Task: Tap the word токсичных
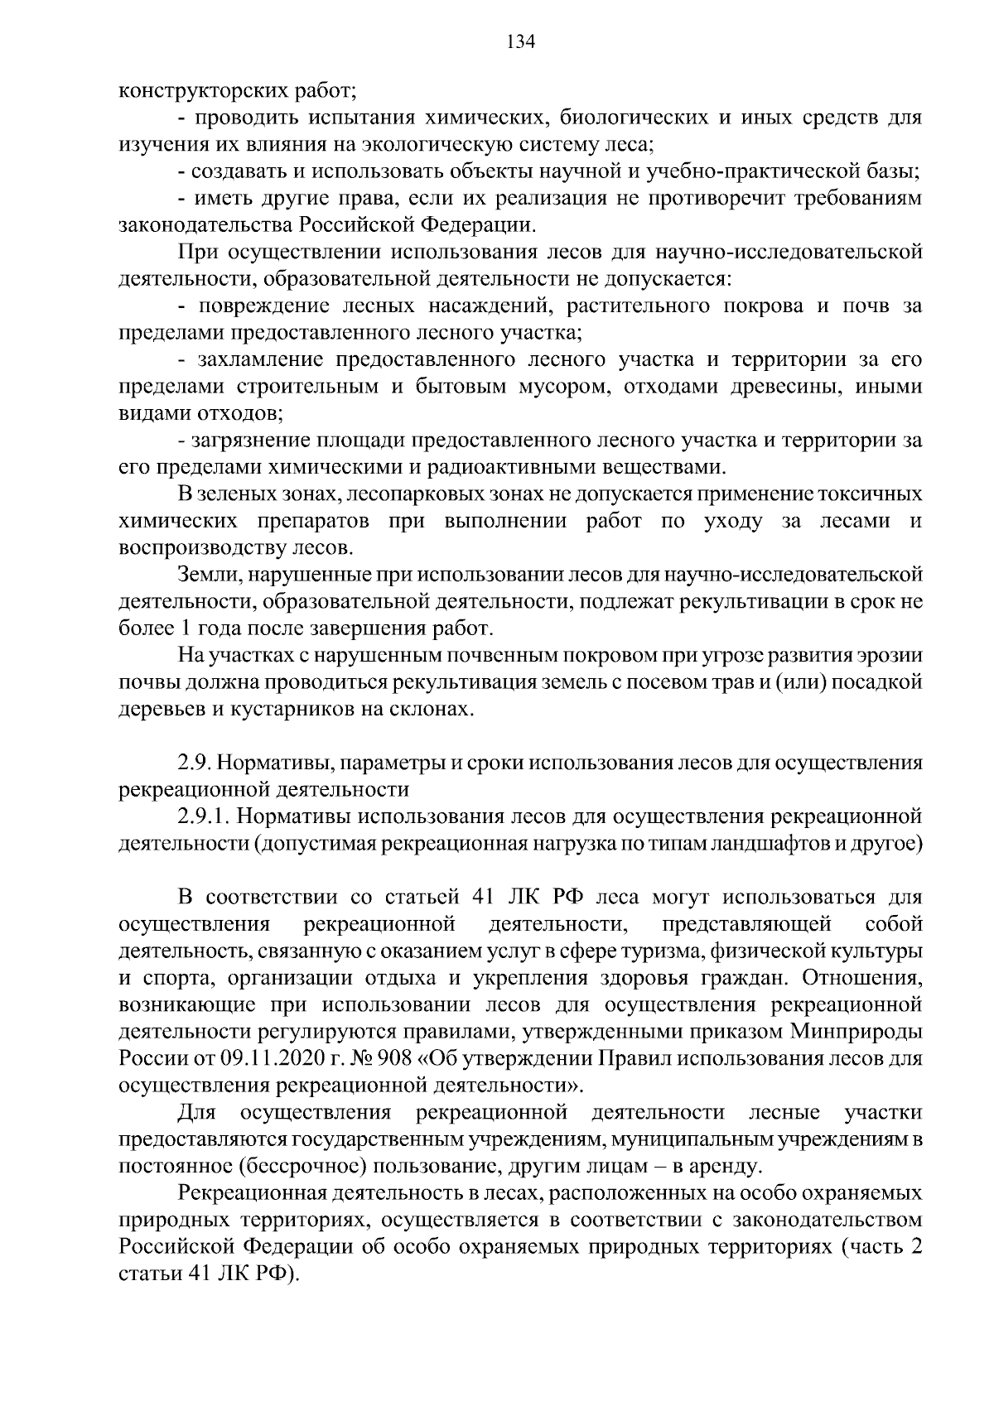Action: pyautogui.click(x=870, y=494)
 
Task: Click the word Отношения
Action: pyautogui.click(x=863, y=979)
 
